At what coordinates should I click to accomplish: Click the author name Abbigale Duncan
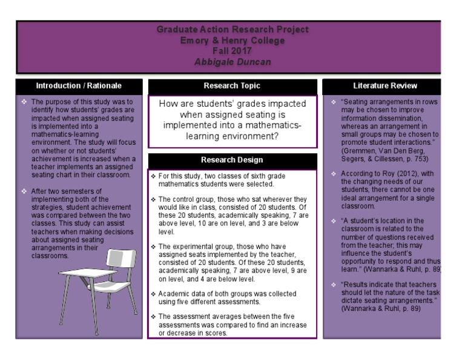point(232,62)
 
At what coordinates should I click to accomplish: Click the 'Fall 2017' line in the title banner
point(232,52)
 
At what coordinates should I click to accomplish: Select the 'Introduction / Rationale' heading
point(79,86)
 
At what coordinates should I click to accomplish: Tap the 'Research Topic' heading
point(232,86)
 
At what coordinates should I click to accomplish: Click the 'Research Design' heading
point(232,160)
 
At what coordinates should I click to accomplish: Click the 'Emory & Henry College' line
point(232,41)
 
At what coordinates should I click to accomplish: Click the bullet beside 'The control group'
point(154,199)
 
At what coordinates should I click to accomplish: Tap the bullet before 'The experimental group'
point(154,247)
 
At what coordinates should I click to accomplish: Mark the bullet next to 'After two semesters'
point(24,192)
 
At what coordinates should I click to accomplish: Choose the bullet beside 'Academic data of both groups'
point(154,294)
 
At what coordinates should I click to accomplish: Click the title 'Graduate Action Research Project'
point(232,30)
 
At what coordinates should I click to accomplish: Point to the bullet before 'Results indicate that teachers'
point(334,285)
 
